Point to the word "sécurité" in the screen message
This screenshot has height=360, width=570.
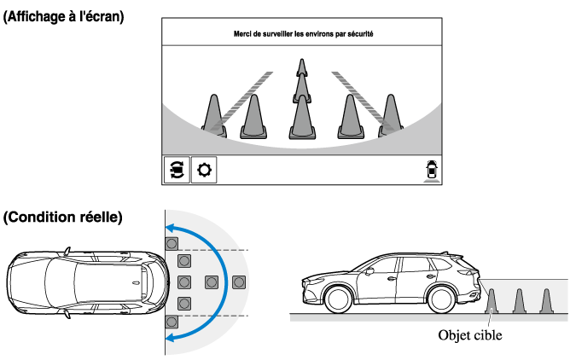click(358, 34)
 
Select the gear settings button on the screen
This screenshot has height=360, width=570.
click(204, 170)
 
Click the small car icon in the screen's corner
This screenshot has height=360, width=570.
click(432, 170)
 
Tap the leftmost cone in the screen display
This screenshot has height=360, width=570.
click(214, 114)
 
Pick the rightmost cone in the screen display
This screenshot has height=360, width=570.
click(390, 114)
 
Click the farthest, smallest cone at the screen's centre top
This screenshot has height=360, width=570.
click(301, 67)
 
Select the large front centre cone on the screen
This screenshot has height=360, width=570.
click(301, 118)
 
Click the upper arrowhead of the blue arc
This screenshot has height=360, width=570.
click(172, 227)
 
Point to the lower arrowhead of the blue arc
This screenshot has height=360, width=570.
click(172, 339)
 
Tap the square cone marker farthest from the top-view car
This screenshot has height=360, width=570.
click(240, 282)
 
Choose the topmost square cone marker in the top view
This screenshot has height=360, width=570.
click(172, 241)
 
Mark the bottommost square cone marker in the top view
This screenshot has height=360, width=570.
click(172, 322)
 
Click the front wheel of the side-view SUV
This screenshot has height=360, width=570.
click(339, 299)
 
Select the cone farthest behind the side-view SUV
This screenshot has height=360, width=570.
click(547, 300)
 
